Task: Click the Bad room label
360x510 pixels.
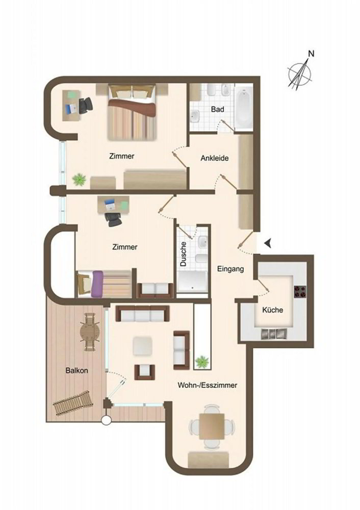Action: [x=218, y=109]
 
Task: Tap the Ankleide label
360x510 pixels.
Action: [x=214, y=159]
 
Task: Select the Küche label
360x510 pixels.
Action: [x=272, y=310]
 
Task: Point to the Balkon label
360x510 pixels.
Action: [x=77, y=370]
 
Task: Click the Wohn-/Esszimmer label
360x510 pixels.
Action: [x=207, y=386]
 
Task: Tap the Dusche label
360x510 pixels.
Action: [x=184, y=254]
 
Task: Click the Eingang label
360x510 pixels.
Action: [x=230, y=269]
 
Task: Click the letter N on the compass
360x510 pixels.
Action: [x=311, y=54]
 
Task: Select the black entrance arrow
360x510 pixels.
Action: [x=268, y=243]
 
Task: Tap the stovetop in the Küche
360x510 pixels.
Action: [x=300, y=292]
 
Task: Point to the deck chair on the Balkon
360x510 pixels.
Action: [x=71, y=403]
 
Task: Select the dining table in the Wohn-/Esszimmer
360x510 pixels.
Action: [x=212, y=426]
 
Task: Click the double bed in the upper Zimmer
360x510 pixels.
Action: [x=132, y=113]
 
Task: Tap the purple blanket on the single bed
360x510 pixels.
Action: [x=97, y=284]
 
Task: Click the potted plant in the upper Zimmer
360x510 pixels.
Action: [x=79, y=179]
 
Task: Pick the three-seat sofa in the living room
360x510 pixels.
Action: [x=142, y=314]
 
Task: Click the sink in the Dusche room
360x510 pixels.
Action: [x=203, y=241]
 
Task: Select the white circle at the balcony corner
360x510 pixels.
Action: [x=106, y=421]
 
